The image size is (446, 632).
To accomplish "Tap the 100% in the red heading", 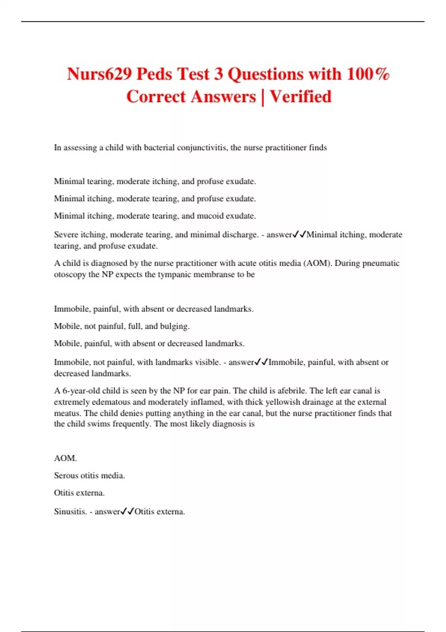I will (x=368, y=74).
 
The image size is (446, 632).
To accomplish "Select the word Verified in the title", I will (x=300, y=97).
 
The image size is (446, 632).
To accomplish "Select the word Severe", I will (x=66, y=235).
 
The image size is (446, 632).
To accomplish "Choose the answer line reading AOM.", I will (x=65, y=458).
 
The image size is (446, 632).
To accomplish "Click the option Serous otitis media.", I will (x=89, y=475).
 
